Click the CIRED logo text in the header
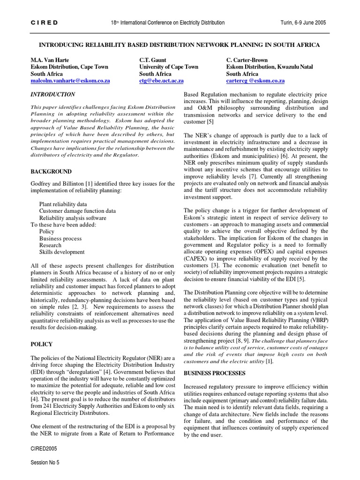pos(44,22)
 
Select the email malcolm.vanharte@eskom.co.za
pos(70,81)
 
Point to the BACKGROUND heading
pos(51,172)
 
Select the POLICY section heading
pos(42,344)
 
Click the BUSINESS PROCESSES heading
pos(214,373)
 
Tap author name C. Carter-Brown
pos(247,60)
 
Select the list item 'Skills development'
pos(62,252)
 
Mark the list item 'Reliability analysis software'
pos(73,217)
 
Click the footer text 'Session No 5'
pos(45,462)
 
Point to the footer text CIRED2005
pos(43,449)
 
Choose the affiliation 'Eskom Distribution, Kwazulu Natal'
pos(270,67)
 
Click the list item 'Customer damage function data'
pos(77,211)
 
